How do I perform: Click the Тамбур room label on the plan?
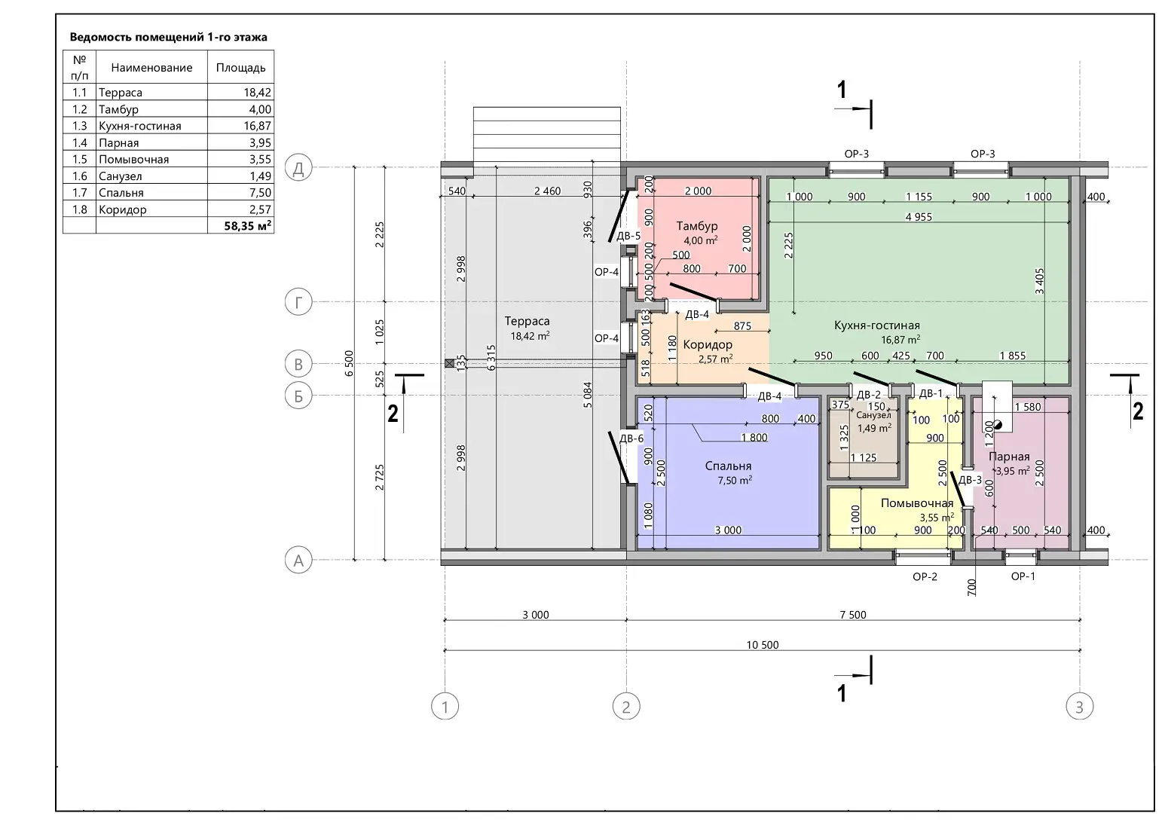coord(696,226)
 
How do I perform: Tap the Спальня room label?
coord(728,466)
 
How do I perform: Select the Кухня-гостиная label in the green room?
coord(876,325)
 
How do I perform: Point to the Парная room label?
coord(1009,457)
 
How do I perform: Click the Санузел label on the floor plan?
coord(873,416)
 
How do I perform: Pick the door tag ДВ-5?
coord(628,236)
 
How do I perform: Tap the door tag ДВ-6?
coord(631,438)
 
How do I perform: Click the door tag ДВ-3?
coord(970,480)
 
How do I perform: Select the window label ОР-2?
coord(925,576)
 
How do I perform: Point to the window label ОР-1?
coord(1023,576)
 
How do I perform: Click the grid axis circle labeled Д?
coord(298,168)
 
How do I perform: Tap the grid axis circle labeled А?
coord(298,560)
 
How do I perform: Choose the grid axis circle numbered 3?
coord(1079,707)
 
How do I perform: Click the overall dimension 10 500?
coord(763,645)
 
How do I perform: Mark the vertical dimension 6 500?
coord(349,363)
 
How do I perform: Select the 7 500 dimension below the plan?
coord(852,615)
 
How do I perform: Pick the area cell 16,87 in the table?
coord(257,126)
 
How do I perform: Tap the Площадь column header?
coord(240,68)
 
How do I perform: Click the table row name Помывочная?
coord(133,160)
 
